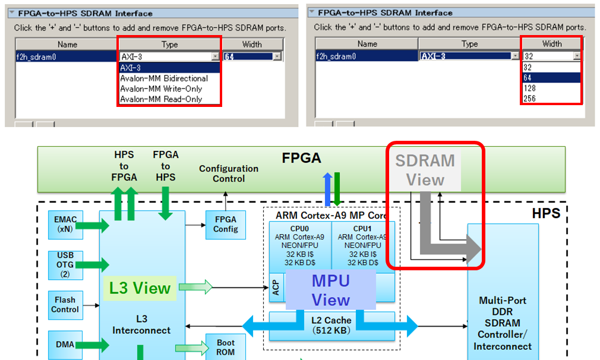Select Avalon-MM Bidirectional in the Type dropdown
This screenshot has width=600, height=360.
(164, 78)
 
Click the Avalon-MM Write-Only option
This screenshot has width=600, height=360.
(161, 89)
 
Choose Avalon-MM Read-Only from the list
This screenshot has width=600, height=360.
(161, 99)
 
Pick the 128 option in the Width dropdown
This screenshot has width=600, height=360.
(529, 88)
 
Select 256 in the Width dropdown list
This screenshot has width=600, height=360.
(529, 99)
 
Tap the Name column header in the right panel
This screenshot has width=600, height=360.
(367, 43)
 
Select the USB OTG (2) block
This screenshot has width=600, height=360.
(65, 264)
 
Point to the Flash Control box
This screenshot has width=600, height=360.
(65, 305)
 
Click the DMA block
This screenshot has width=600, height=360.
(65, 344)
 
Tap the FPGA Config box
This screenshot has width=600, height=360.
(225, 225)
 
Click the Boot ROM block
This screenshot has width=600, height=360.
(225, 348)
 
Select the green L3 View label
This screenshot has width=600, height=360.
(140, 289)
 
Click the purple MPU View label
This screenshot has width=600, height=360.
(331, 290)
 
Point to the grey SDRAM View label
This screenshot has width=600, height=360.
(425, 170)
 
